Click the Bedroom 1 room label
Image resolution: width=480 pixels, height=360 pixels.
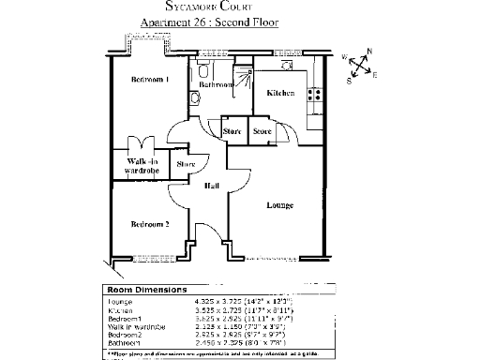[149, 80]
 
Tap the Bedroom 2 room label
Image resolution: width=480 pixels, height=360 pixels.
[149, 224]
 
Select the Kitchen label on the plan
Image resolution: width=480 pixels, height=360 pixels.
[280, 94]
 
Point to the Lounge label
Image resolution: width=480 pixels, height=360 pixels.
[279, 204]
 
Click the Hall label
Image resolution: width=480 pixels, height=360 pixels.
[212, 187]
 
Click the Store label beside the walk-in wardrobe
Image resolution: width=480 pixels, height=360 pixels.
[186, 165]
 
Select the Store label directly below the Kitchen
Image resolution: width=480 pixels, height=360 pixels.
[262, 132]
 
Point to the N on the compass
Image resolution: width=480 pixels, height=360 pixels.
[369, 52]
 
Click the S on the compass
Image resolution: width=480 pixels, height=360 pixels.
[349, 81]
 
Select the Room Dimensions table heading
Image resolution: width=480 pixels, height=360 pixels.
[147, 290]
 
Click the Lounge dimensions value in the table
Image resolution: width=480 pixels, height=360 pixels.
[224, 302]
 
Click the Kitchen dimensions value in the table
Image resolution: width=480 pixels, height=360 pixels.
[224, 310]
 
